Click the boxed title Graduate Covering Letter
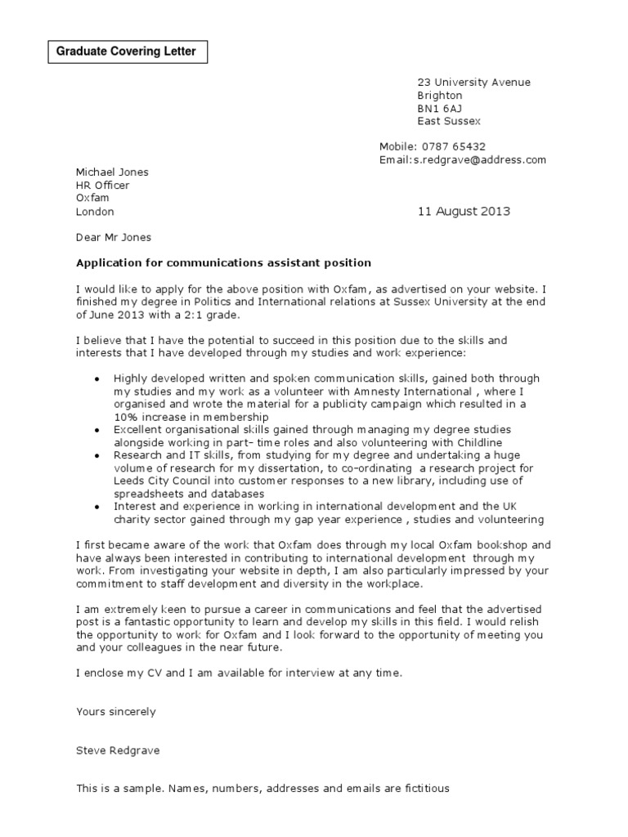(x=126, y=51)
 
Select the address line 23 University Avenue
(x=473, y=82)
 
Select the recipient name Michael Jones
(x=112, y=172)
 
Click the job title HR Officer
(x=102, y=186)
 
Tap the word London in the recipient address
(x=95, y=212)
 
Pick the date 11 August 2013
(x=464, y=211)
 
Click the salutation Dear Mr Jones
(x=113, y=237)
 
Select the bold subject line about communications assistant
(x=223, y=263)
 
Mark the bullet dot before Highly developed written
(x=97, y=379)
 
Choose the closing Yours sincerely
(x=115, y=711)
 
